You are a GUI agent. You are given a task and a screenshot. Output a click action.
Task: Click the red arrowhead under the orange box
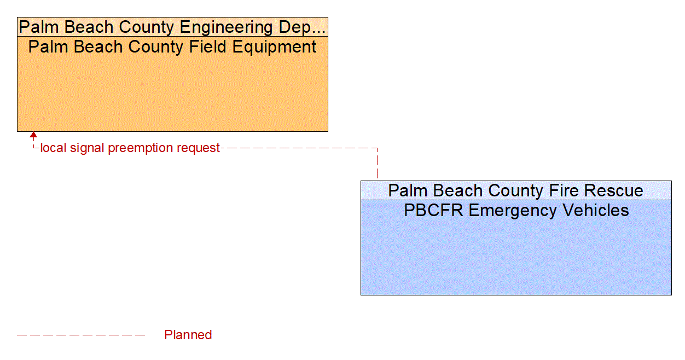tap(33, 135)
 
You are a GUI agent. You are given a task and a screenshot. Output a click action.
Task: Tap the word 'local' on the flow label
tap(53, 148)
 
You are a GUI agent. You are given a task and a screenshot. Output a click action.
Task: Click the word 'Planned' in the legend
tap(188, 335)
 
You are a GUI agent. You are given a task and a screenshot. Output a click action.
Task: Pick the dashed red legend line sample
tap(81, 335)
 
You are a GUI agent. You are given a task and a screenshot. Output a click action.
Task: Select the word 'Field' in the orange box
tap(208, 47)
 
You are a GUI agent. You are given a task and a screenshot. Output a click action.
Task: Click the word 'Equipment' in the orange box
tap(274, 47)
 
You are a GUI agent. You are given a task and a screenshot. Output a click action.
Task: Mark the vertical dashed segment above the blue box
tap(377, 164)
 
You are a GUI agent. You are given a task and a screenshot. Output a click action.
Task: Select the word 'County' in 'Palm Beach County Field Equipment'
tap(156, 47)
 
